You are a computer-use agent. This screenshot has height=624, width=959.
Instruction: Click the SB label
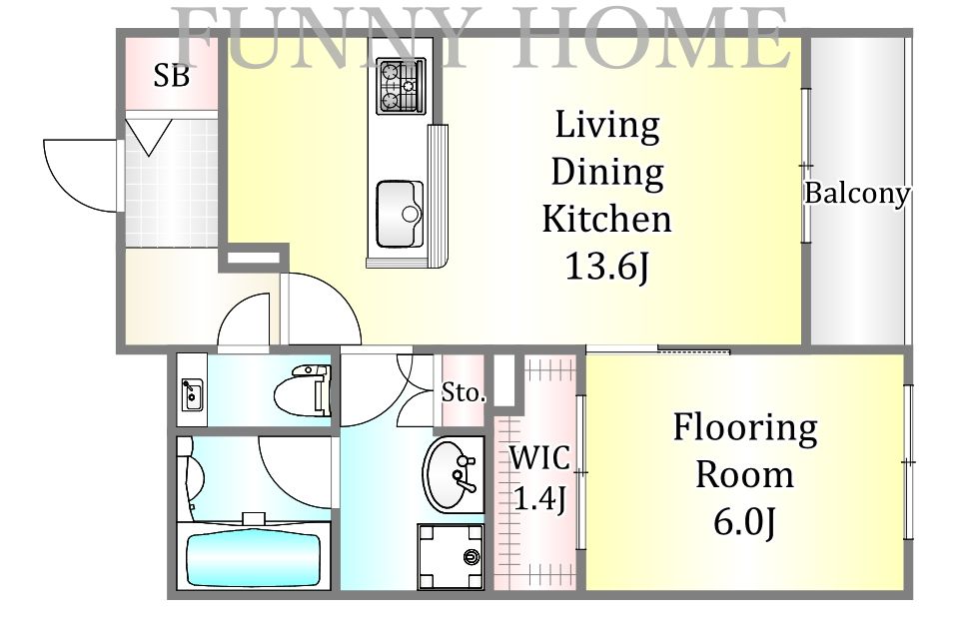point(171,76)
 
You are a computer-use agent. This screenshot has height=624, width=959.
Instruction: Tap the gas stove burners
point(401,86)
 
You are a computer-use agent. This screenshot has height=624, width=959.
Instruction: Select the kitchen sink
point(399,213)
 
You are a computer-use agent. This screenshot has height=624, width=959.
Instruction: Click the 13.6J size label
point(606,267)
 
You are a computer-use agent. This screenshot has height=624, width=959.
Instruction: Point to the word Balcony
point(857,194)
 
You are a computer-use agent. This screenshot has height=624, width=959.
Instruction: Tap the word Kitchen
point(606,219)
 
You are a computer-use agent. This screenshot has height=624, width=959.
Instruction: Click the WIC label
point(539,457)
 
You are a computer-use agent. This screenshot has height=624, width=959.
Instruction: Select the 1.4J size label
point(539,498)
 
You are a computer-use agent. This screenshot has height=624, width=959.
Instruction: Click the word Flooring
point(745,428)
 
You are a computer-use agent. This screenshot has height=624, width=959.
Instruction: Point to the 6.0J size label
point(745,522)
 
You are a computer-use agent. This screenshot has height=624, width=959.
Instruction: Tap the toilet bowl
point(303,390)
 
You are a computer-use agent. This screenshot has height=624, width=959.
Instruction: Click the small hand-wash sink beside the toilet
point(192,394)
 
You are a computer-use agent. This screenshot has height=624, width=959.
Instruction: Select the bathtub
point(253,560)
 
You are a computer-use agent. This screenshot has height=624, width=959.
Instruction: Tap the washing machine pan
point(451,555)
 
